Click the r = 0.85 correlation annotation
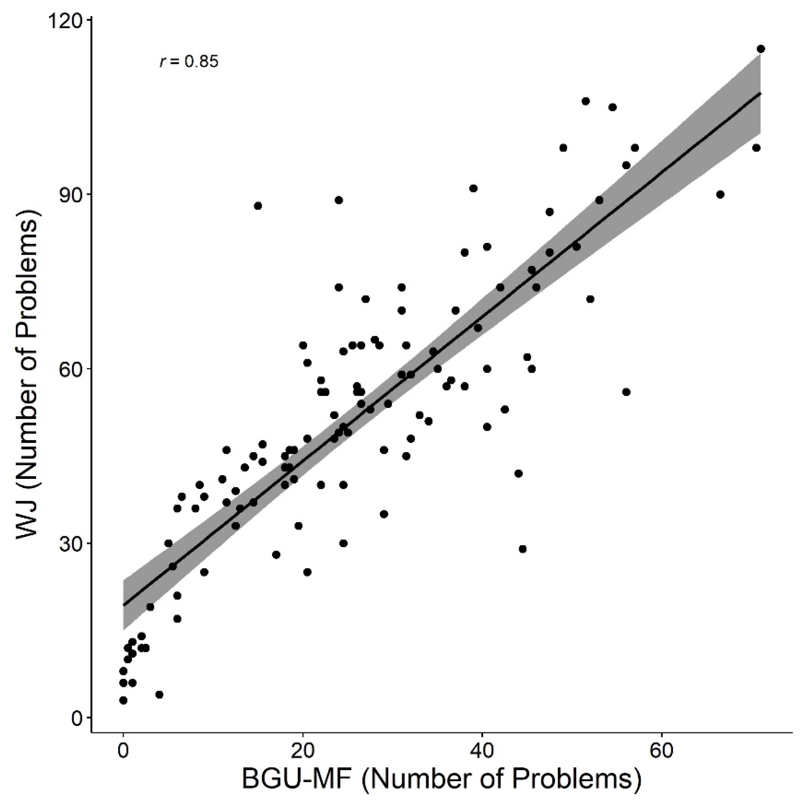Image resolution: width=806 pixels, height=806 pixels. (x=189, y=62)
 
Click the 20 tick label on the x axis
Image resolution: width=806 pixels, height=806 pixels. (x=303, y=751)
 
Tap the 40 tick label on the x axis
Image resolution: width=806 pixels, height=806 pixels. (x=482, y=751)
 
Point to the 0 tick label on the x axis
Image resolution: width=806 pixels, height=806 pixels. (x=123, y=751)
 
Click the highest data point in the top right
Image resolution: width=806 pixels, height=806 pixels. (x=761, y=49)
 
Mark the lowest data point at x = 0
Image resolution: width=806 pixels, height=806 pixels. (x=123, y=700)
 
